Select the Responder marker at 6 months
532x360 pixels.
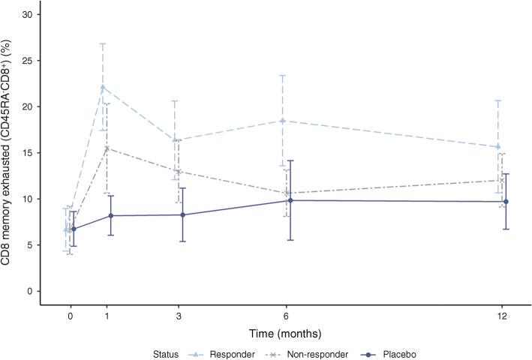283,120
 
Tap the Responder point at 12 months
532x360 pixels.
498,146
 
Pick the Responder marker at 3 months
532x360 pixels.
176,139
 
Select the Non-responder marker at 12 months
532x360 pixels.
501,180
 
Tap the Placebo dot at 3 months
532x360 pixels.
182,214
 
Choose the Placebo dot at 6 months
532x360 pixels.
290,200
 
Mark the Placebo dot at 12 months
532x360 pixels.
506,201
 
